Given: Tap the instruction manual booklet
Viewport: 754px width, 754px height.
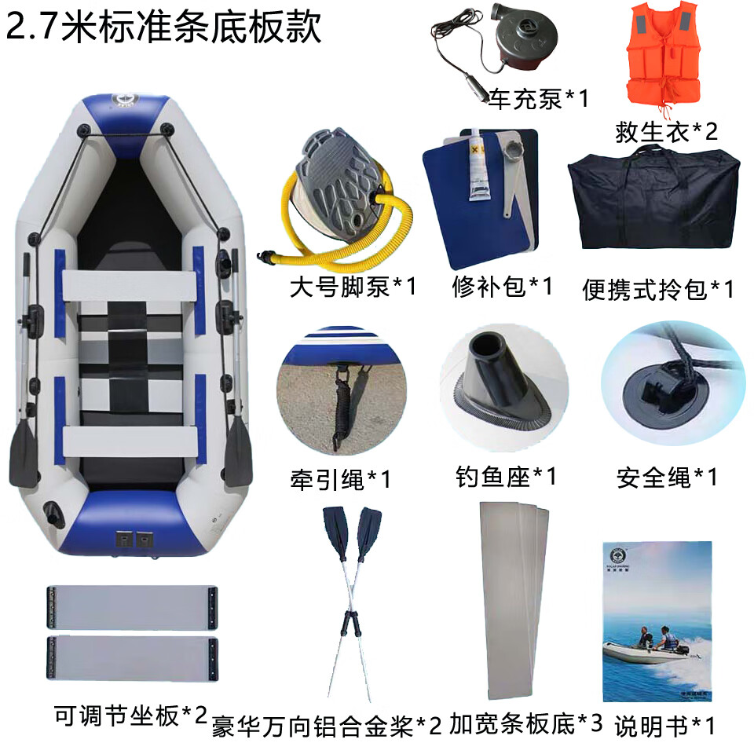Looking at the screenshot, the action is click(x=657, y=621).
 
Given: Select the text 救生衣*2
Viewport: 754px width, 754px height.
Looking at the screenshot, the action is click(x=667, y=131).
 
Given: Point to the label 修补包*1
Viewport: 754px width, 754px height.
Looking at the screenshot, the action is click(x=502, y=287).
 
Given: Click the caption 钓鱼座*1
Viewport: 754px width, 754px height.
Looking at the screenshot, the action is click(x=506, y=476).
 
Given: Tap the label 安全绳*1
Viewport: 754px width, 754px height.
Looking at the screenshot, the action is click(x=668, y=477).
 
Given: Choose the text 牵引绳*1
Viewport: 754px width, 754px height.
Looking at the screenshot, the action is click(x=340, y=479).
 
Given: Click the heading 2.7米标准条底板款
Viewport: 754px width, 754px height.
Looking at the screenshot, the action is click(x=163, y=26).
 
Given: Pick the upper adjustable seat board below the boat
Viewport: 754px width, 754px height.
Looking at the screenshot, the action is click(x=132, y=607).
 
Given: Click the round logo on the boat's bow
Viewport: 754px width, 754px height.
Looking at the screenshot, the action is click(x=125, y=100).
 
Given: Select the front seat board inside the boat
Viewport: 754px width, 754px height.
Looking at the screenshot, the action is click(x=130, y=286).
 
